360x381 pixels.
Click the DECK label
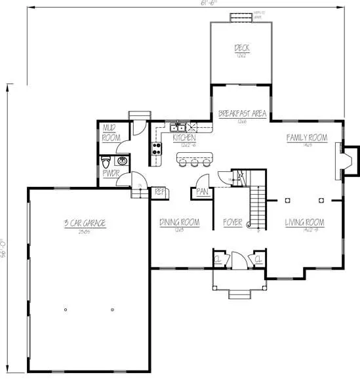[x=240, y=48]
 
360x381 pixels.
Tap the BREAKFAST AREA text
[x=242, y=114]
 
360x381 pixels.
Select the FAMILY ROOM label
[x=307, y=138]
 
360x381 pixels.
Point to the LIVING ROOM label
[x=305, y=223]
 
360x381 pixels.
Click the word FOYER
[x=233, y=223]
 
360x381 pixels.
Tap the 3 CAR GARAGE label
[x=85, y=224]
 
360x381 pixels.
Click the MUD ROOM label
[x=110, y=134]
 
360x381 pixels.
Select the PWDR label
[x=109, y=174]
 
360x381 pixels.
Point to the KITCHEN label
[x=184, y=138]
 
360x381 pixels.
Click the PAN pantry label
[x=201, y=192]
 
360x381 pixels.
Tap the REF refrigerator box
[x=159, y=192]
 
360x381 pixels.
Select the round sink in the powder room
[x=121, y=161]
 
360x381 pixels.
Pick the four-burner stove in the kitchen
[x=157, y=149]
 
